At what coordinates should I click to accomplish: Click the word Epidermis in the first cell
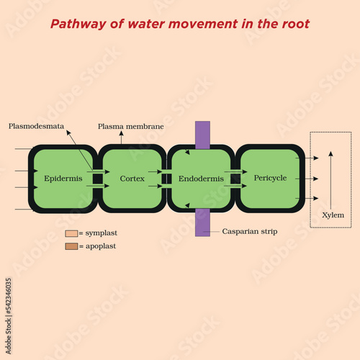tap(63, 179)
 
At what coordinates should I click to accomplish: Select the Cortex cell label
tap(132, 179)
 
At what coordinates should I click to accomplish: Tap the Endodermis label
tap(201, 179)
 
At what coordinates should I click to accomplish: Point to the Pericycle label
tap(270, 178)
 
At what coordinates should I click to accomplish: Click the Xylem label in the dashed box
tap(333, 215)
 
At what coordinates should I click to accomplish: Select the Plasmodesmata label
tap(36, 126)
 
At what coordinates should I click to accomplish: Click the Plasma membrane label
tap(131, 127)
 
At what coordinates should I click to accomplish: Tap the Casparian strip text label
tap(250, 231)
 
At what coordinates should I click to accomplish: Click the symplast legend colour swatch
tap(71, 233)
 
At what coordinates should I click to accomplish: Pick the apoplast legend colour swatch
tap(71, 246)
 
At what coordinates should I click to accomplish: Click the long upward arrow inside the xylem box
tap(330, 180)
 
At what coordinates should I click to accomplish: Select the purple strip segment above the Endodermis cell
tap(202, 135)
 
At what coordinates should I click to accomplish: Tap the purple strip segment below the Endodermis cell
tap(202, 222)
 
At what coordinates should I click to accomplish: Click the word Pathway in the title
tap(78, 24)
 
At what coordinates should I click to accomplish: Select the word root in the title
tap(296, 24)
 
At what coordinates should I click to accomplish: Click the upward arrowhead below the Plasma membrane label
tap(121, 133)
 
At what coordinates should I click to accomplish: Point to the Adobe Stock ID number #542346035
tap(9, 296)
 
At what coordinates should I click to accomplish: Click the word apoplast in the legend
tap(101, 246)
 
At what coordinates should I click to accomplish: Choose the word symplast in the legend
tap(102, 233)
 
